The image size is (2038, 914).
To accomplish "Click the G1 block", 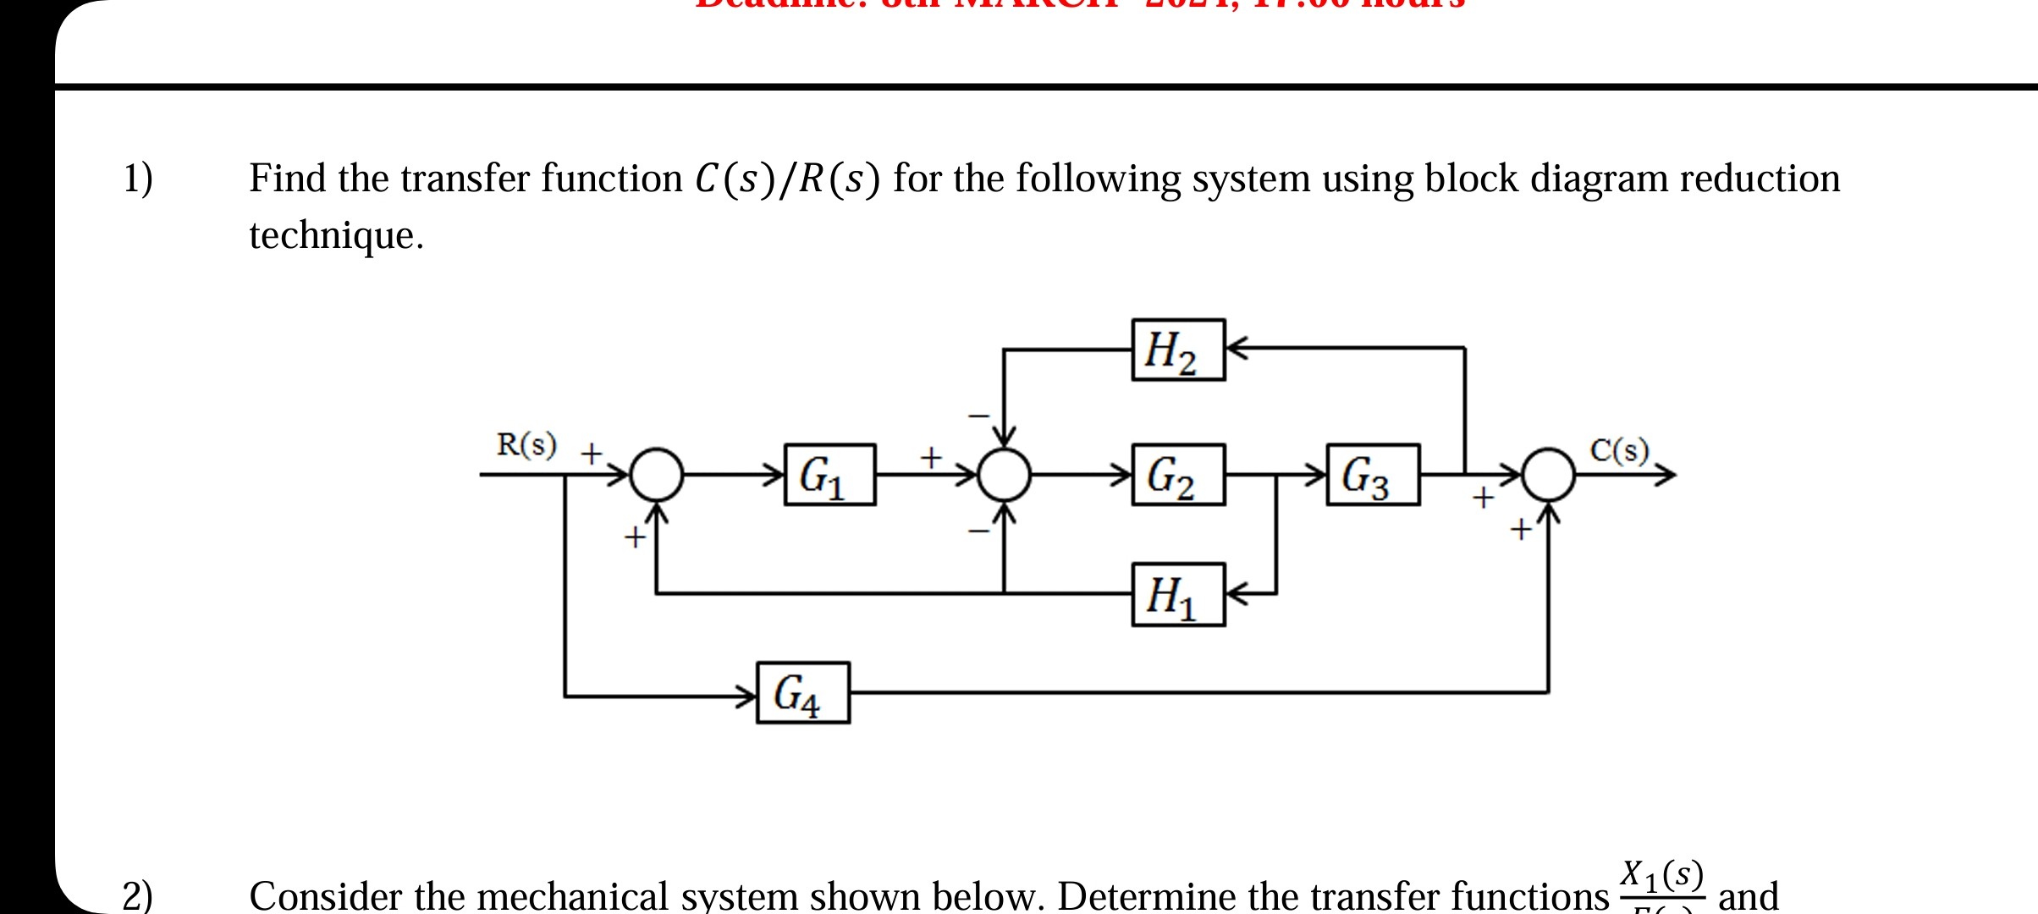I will point(829,475).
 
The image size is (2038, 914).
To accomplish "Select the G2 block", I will point(1178,475).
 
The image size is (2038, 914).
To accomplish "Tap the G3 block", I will point(1373,475).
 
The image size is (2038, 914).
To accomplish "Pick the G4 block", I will point(802,693).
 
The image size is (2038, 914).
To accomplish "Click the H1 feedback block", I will point(1178,595).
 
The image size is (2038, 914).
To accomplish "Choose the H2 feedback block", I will point(1178,350).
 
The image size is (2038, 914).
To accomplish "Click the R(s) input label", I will point(526,445).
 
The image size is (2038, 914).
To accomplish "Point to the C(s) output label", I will point(1619,450).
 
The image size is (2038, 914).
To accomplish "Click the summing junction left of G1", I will point(657,475).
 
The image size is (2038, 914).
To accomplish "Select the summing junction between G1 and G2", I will point(1004,475).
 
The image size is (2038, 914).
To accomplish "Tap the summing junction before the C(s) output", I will point(1549,475).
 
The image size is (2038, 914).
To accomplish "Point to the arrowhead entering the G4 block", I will point(746,697).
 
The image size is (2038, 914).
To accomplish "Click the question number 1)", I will point(138,179).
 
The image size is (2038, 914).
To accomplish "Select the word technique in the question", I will point(335,235).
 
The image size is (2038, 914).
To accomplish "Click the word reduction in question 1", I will point(1760,179).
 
